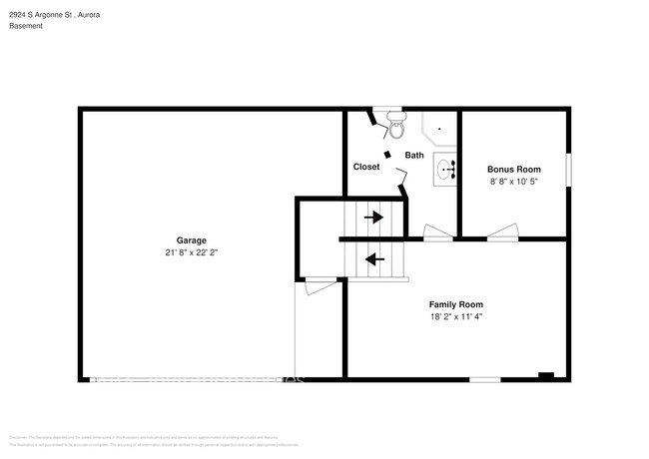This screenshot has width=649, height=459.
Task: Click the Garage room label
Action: tap(191, 239)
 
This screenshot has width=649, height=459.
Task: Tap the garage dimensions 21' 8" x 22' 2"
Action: tap(191, 252)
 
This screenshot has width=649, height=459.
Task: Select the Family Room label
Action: tap(456, 303)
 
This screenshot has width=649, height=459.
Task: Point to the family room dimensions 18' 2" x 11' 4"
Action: tap(456, 316)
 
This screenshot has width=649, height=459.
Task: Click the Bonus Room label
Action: tap(513, 169)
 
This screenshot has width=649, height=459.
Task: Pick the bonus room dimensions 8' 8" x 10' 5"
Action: tap(513, 182)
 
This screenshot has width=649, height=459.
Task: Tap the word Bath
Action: tap(414, 155)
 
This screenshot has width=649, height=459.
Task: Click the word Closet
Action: tap(366, 167)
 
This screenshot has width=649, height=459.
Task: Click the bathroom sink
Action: tap(444, 170)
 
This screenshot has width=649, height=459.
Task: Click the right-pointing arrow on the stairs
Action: tap(374, 217)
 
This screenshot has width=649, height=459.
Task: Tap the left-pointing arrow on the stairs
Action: tap(374, 260)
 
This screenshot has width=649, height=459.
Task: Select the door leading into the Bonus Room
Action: tap(501, 235)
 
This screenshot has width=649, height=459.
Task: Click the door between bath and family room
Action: tap(437, 235)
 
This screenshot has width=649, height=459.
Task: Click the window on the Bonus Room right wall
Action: tap(568, 170)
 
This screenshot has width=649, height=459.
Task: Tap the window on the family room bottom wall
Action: tap(485, 378)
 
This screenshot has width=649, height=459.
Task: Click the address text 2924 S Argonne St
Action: tap(41, 16)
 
